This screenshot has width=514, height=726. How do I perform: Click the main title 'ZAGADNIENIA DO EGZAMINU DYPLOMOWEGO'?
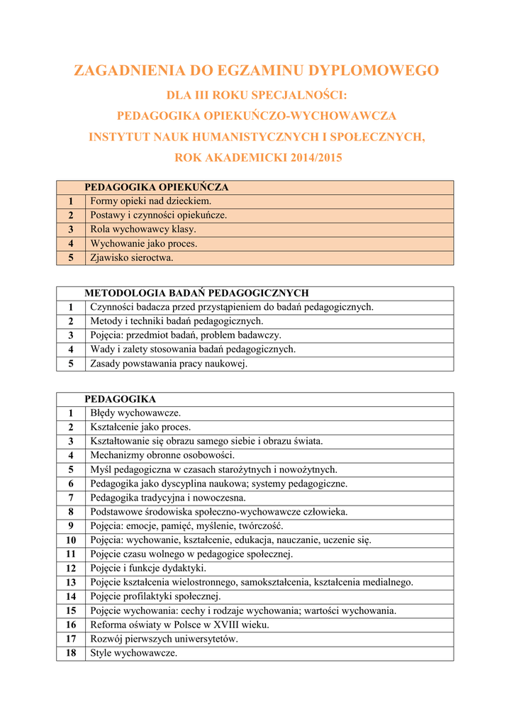pos(257,71)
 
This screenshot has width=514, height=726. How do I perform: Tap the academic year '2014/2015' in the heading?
pos(316,158)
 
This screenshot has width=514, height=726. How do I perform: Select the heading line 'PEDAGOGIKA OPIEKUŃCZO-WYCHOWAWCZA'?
pos(257,115)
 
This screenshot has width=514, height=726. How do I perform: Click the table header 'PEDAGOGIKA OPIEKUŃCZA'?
pos(157,187)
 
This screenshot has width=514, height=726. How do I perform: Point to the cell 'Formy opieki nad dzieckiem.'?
pos(141,201)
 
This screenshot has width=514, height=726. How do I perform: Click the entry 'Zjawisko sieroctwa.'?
pos(132,257)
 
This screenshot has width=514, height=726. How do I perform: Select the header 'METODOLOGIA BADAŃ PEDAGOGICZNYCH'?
pos(196,293)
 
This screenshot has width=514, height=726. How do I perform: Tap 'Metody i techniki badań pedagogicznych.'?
pos(177,321)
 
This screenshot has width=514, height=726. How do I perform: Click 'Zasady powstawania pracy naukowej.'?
pos(169,364)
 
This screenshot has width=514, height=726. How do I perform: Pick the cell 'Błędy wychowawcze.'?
pos(135,413)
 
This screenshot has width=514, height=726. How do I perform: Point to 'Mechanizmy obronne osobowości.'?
pos(162,455)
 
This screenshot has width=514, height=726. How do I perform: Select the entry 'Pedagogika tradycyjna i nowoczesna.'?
pos(168,498)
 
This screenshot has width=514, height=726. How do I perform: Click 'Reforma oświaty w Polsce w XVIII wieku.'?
pos(179,625)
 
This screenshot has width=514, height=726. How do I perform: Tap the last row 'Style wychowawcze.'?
pos(133,653)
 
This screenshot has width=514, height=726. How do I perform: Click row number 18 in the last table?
pos(71,653)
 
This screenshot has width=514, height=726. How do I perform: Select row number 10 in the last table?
pos(71,540)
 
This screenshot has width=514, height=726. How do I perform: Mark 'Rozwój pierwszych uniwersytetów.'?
pos(164,639)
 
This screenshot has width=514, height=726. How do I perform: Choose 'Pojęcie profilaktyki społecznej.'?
pos(155,596)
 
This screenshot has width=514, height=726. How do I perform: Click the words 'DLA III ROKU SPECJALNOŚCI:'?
pos(257,94)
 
